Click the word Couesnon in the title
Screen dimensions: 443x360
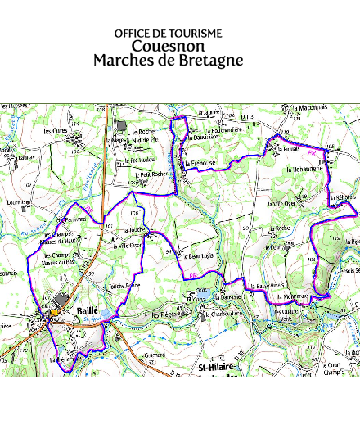[169, 46]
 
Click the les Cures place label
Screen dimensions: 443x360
[56, 131]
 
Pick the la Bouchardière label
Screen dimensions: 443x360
[225, 129]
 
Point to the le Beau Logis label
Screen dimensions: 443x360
[196, 255]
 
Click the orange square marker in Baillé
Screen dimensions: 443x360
[55, 312]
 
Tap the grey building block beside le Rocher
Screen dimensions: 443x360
[122, 126]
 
